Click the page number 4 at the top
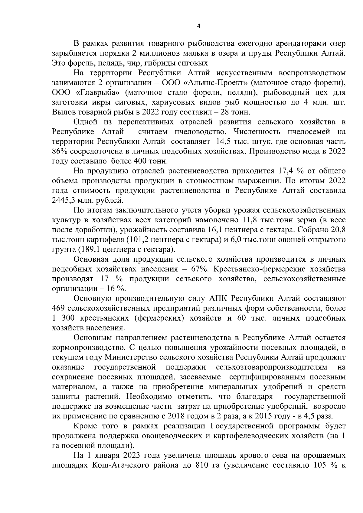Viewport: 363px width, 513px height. pos(198,26)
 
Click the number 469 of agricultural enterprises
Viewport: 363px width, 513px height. pos(59,308)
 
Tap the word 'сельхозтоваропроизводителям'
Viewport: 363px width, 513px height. pos(272,367)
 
